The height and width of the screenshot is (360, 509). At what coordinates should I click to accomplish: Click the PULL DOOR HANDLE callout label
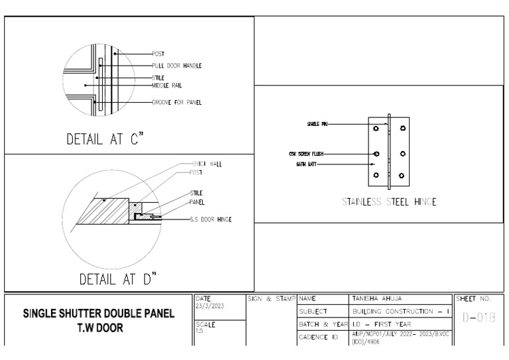(176, 66)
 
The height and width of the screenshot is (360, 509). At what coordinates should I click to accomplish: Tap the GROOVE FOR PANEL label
(177, 102)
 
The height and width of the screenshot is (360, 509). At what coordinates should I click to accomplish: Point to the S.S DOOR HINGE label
(211, 219)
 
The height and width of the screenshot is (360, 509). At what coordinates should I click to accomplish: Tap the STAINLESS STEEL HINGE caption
(388, 202)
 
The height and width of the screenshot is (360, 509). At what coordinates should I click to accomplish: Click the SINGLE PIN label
(317, 123)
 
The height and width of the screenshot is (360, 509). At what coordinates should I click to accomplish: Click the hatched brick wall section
(106, 211)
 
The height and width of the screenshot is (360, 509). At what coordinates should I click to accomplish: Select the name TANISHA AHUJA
(377, 299)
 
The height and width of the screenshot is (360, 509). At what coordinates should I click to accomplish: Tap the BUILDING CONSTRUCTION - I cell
(401, 311)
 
